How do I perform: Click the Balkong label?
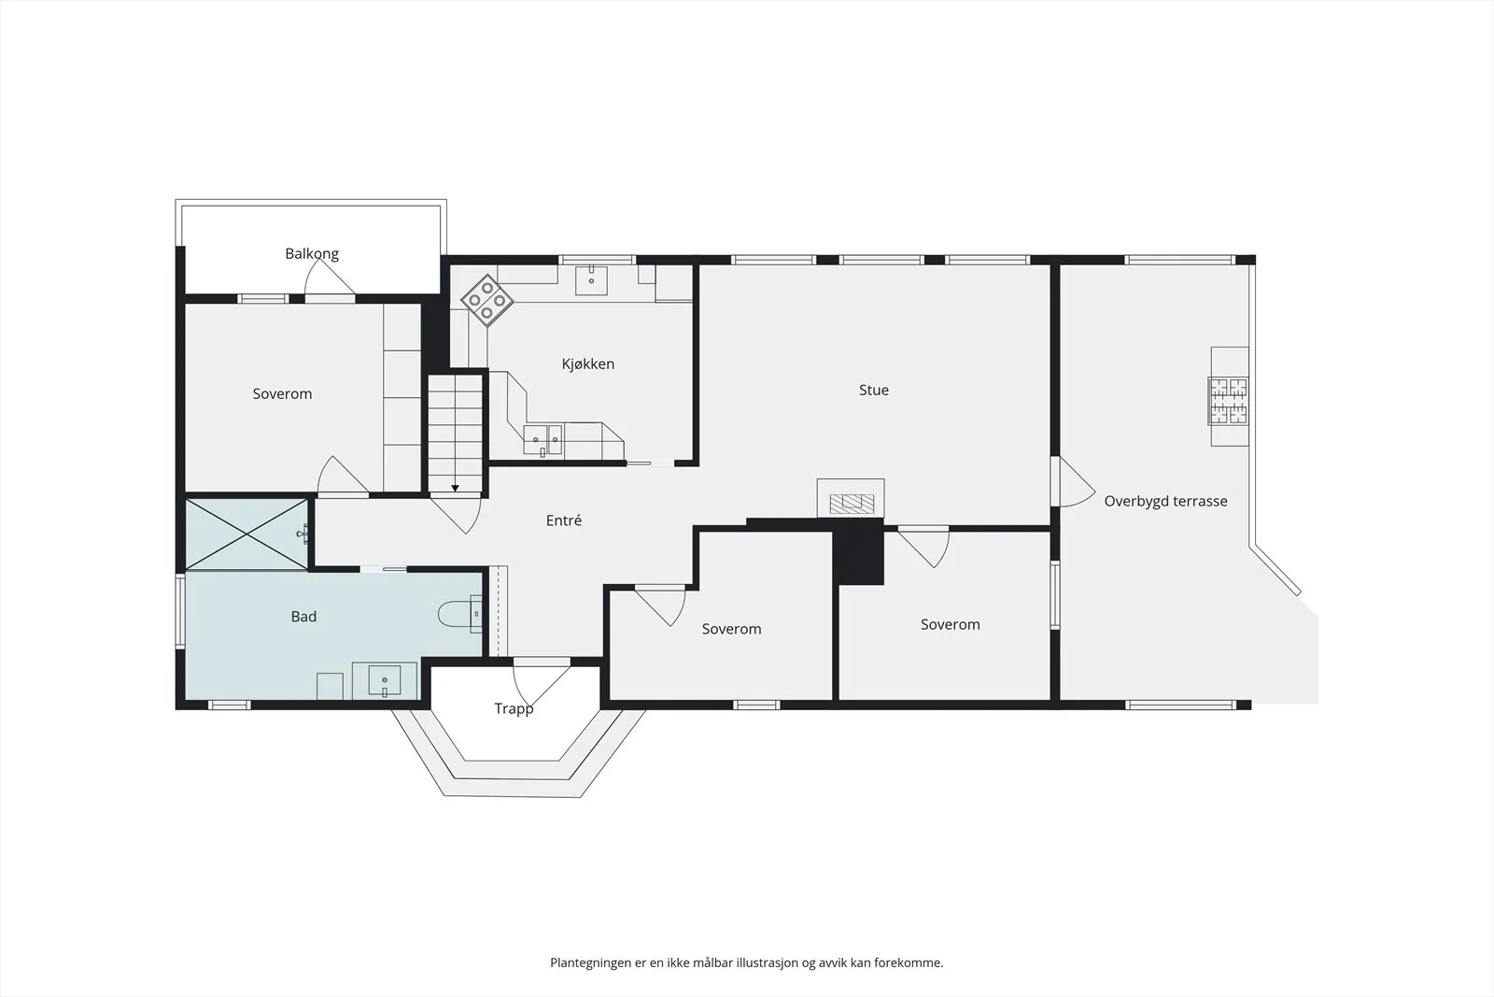coord(312,253)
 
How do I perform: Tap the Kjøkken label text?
coord(587,363)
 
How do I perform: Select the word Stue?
coord(874,390)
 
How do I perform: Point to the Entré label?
coord(564,520)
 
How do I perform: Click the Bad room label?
coord(303,616)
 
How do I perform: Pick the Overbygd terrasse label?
coord(1166,501)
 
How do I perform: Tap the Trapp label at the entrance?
coord(514,708)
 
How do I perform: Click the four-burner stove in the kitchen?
coord(486,300)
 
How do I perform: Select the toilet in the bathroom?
coord(459,614)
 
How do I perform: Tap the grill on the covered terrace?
coord(1229,401)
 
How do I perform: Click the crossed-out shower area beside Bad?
coord(247,534)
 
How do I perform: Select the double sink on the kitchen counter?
coord(543,440)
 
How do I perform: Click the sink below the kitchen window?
coord(591,280)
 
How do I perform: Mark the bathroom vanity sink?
coord(384,679)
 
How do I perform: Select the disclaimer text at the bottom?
coord(746,962)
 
